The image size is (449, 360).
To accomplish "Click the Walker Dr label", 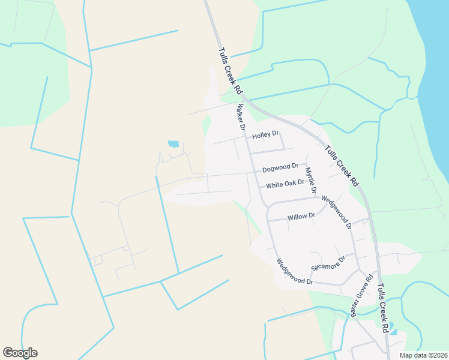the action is point(241,118).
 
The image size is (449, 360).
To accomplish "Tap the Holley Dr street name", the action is point(266,136).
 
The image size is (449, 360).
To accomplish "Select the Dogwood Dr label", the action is point(280,167).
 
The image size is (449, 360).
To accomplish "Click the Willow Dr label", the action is point(301,216).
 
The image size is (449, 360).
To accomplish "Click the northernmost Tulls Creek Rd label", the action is point(230,71).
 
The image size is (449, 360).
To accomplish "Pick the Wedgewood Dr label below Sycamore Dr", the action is point(294,272).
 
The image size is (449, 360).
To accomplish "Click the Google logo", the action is point(20,353).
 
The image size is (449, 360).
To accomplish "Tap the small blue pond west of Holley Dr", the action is point(173,144).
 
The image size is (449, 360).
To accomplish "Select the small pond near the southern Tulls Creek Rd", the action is point(392,330).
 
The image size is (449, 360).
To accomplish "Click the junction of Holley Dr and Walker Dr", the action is point(247,137).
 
